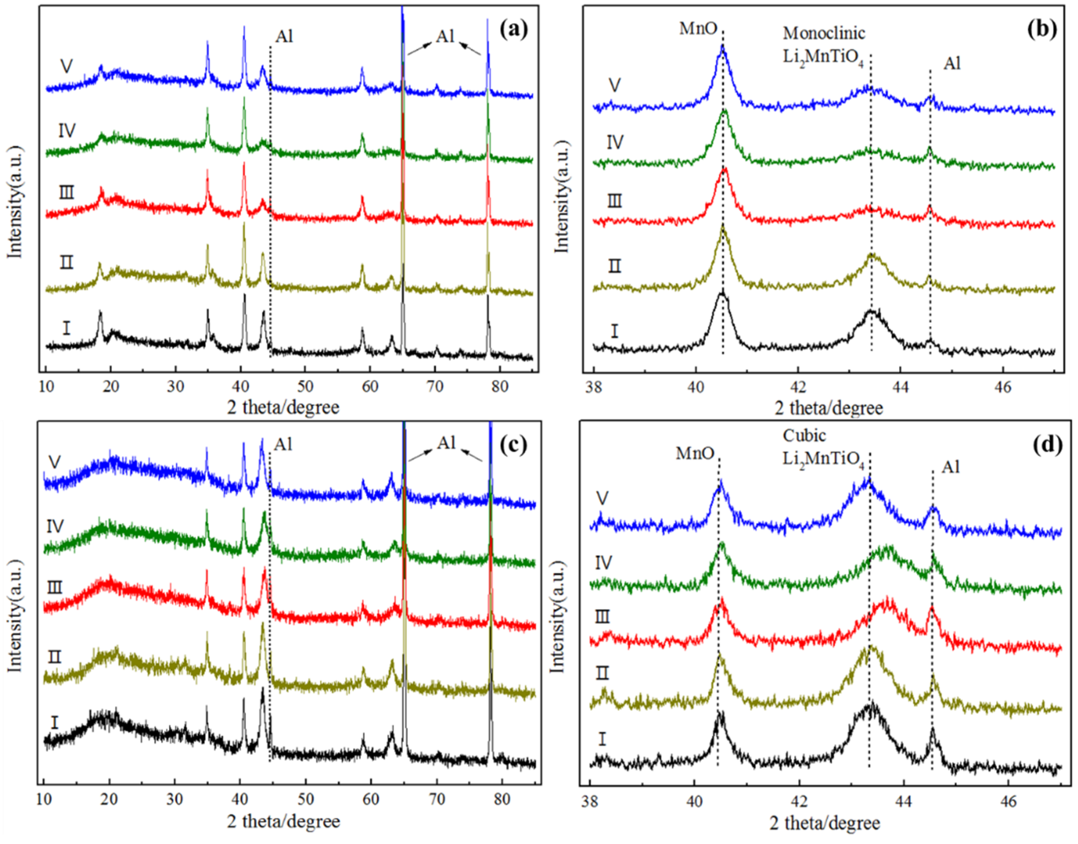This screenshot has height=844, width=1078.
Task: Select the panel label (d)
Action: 1047,445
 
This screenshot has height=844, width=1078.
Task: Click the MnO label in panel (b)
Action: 698,29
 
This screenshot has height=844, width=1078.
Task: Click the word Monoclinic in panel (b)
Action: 824,33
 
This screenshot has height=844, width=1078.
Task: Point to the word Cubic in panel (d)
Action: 804,436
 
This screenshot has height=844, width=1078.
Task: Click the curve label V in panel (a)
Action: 66,66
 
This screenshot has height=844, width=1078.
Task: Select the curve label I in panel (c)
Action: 54,723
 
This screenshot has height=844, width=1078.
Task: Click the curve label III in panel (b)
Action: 614,201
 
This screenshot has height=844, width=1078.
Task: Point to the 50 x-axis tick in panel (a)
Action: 305,386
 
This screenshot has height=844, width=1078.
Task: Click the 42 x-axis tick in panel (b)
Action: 798,386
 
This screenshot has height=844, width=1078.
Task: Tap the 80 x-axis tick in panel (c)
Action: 502,799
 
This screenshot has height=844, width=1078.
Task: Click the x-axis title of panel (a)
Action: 283,408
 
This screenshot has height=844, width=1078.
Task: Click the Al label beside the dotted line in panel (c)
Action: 283,444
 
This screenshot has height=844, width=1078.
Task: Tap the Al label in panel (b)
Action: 952,64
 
